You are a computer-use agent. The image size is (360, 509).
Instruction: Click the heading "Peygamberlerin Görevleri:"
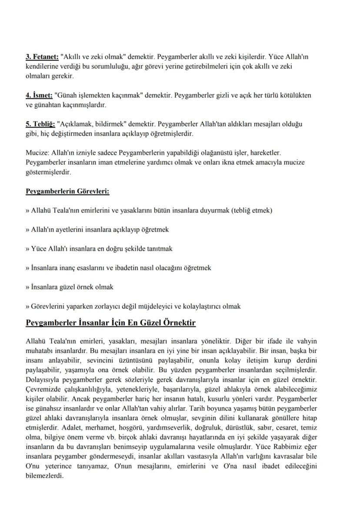point(67,191)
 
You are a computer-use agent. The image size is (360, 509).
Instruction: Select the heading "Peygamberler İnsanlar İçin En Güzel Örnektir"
point(111,323)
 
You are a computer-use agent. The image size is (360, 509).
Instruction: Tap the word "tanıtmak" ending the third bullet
point(159,249)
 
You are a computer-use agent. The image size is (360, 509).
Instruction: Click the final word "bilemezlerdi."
point(45,475)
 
